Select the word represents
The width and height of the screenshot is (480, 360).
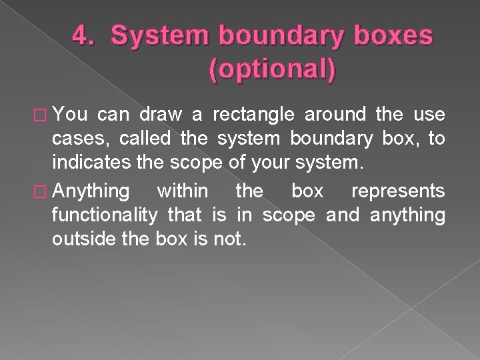pos(407,192)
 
